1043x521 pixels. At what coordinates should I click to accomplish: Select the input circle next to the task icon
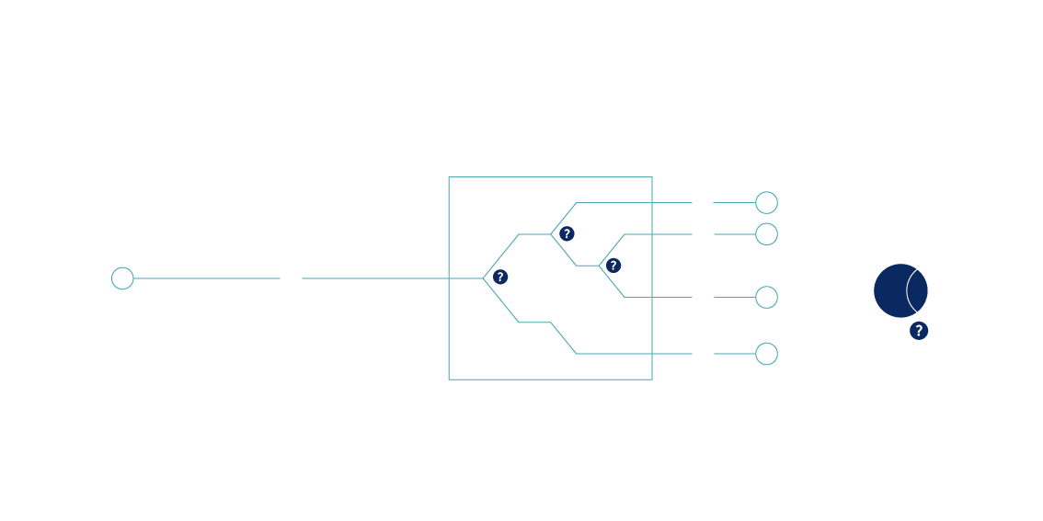coord(122,278)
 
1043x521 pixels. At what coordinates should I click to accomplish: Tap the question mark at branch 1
coord(500,277)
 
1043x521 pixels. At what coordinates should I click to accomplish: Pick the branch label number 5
coord(585,346)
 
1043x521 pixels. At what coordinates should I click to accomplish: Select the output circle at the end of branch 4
coord(766,298)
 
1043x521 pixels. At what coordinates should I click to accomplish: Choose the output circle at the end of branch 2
coord(766,202)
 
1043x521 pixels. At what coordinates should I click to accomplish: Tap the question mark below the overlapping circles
coord(917,331)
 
